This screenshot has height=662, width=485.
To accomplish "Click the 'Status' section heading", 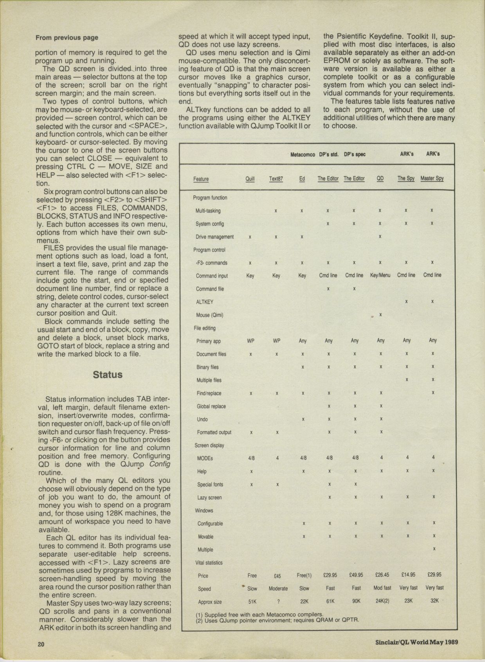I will click(x=108, y=375).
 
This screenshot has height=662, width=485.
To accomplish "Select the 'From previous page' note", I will click(x=67, y=38).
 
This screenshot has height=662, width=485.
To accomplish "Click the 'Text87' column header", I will click(x=276, y=179).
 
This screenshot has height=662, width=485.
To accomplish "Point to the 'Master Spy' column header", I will click(x=432, y=179).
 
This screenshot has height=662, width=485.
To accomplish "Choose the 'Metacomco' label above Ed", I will click(x=303, y=155).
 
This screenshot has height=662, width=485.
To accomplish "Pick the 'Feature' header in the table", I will click(x=201, y=179).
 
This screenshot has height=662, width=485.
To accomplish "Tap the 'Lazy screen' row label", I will click(x=209, y=498).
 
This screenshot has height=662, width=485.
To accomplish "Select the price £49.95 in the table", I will click(x=356, y=575).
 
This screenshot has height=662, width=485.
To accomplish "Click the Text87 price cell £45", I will click(x=277, y=576).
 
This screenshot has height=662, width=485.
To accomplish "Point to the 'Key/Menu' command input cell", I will click(x=380, y=275).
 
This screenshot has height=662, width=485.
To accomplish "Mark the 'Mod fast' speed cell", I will click(x=382, y=588).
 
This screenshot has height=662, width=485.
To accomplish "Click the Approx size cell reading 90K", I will click(x=356, y=601).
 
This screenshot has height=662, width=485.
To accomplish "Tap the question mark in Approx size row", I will click(x=278, y=601).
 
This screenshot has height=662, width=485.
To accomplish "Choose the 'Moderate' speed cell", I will click(x=278, y=588).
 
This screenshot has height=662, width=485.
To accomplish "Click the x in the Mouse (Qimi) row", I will click(x=380, y=315).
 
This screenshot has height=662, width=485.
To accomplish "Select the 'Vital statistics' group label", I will click(x=209, y=563).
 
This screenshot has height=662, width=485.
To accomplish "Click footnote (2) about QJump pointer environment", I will click(x=277, y=620).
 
